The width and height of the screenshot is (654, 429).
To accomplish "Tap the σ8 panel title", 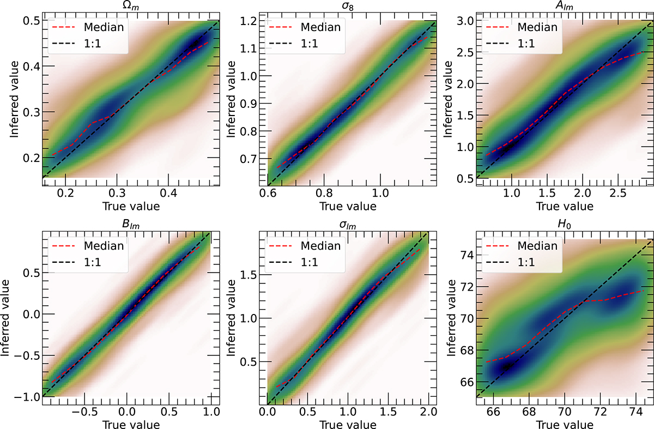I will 348,7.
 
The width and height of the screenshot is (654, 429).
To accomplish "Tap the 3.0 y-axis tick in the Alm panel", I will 463,21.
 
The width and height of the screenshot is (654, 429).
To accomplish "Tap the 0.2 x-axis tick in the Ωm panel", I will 66,193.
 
